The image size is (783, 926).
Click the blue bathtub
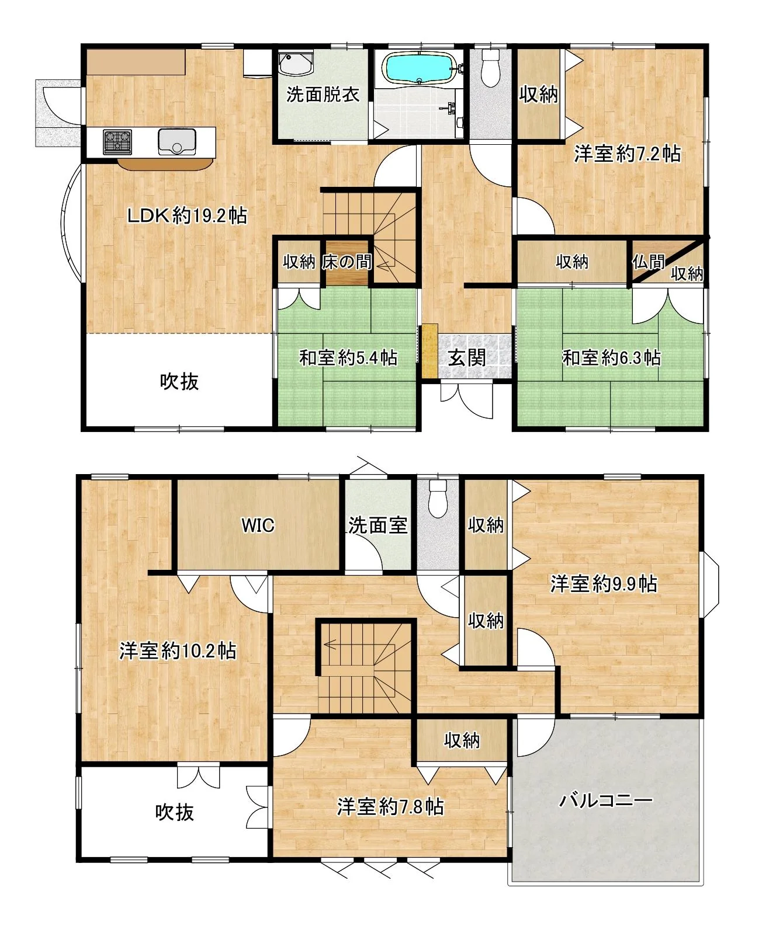point(420,68)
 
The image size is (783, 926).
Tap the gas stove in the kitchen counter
point(117,141)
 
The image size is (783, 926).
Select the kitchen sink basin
point(176,141)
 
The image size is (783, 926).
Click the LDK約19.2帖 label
point(187,216)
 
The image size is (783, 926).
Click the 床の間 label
point(347,262)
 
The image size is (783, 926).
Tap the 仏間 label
point(648,262)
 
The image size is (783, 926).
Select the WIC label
point(258,525)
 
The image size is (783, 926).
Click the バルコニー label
point(605,800)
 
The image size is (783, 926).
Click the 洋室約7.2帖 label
point(627,154)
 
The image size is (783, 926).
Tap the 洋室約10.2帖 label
point(178,651)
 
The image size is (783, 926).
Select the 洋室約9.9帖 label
point(604,584)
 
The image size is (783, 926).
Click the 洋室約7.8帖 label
point(390,807)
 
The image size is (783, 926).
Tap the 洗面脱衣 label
point(323,94)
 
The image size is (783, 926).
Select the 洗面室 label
point(377,525)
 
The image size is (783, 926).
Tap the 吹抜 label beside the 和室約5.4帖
point(179,381)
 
